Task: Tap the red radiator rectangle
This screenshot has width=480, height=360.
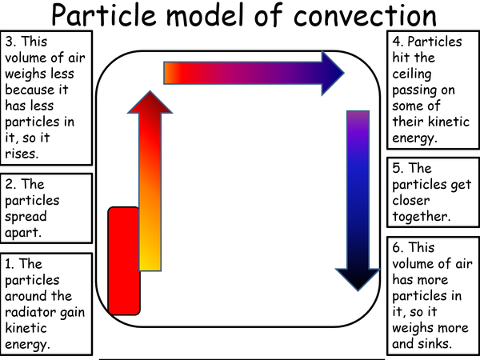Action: coord(124,260)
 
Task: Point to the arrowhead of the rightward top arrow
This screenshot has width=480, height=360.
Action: coord(327,74)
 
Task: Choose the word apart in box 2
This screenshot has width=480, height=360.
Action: coord(25,232)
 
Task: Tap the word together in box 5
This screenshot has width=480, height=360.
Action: coord(420,216)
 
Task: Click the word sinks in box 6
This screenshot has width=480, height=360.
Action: coord(435,343)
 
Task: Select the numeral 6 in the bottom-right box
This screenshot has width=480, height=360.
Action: coord(395,247)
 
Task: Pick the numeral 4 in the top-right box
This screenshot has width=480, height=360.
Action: coord(396,41)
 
